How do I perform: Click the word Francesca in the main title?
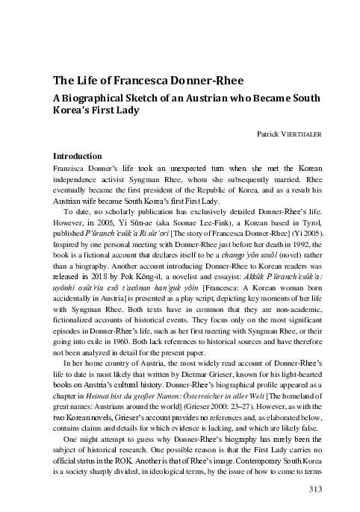(126, 82)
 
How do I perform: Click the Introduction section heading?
(77, 157)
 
